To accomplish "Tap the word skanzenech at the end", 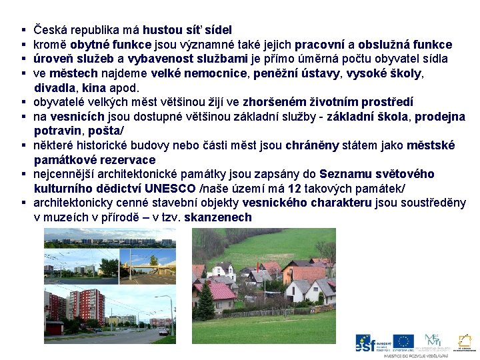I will coord(218,217).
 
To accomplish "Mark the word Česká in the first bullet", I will coord(49,30).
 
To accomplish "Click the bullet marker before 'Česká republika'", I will coord(23,31).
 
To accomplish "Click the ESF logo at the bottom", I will coord(371,343).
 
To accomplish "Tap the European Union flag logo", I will coord(403,341).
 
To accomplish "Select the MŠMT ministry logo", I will coord(432,340).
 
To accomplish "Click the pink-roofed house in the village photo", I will coord(221,291).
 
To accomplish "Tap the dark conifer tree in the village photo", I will coord(206,303).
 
